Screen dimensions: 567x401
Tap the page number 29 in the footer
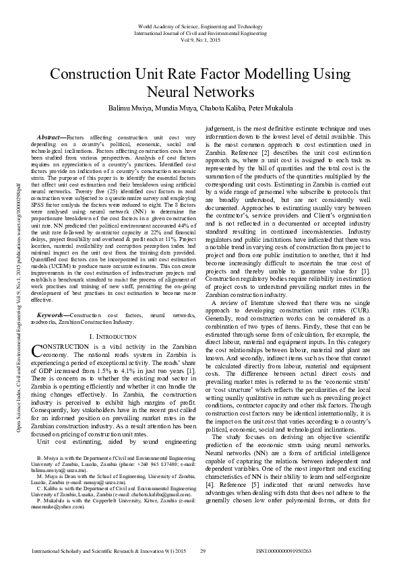[x=203, y=552]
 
